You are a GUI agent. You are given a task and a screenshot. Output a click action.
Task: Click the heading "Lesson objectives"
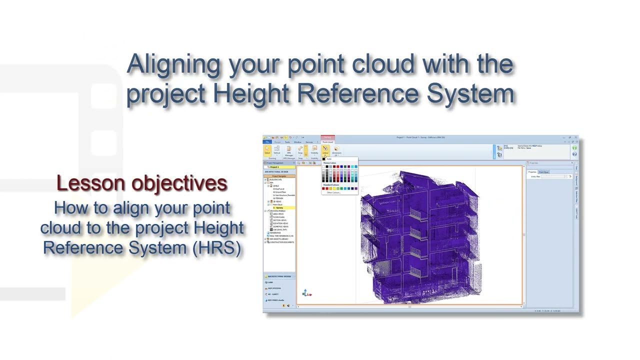point(142,183)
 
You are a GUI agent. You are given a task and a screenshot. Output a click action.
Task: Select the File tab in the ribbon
point(267,142)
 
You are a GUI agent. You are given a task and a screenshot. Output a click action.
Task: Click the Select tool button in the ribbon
point(267,150)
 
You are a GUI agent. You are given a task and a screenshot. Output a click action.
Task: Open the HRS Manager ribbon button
point(289,151)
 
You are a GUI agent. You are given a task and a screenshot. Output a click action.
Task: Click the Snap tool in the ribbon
point(300,150)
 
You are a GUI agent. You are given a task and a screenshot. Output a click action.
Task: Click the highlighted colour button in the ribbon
point(325,150)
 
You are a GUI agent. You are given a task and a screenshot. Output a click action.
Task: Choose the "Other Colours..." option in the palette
point(333,192)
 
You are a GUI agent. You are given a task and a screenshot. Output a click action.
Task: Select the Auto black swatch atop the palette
point(324,159)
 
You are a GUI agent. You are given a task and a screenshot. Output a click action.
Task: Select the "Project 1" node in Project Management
point(274,167)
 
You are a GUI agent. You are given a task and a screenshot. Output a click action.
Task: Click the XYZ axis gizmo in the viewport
point(306,293)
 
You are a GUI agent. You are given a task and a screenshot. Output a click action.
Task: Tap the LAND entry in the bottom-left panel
point(270,282)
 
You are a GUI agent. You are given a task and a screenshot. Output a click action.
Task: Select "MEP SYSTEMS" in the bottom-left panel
point(274,288)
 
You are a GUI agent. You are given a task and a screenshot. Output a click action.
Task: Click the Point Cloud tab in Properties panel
point(543,172)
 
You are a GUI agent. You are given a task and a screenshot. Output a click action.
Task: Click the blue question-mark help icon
point(574,154)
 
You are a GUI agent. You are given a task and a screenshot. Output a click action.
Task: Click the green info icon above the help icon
point(574,148)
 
